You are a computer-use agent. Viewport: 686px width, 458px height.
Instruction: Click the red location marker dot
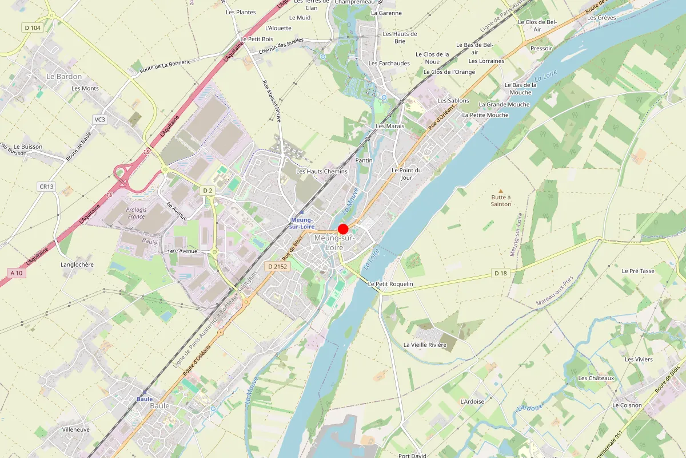[x=344, y=228]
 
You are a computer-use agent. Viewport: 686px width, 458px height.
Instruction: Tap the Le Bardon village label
[x=64, y=76]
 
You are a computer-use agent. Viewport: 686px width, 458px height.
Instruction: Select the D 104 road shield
[x=33, y=27]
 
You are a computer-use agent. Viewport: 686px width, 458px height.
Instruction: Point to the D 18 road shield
[x=500, y=274]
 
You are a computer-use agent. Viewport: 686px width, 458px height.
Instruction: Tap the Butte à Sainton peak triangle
[x=501, y=191]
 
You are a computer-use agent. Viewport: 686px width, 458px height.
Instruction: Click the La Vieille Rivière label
[x=425, y=345]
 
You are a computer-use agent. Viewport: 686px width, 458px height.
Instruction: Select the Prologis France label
[x=137, y=213]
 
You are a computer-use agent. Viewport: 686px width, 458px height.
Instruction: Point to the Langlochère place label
[x=77, y=264]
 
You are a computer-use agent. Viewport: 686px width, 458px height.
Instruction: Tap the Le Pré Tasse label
[x=638, y=271]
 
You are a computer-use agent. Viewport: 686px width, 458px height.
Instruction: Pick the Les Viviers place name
[x=639, y=359]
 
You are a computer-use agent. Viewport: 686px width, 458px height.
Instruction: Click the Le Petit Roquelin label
[x=390, y=284]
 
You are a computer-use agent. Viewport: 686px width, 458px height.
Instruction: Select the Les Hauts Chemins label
[x=322, y=171]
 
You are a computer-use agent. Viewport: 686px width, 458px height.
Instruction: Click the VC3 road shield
[x=99, y=120]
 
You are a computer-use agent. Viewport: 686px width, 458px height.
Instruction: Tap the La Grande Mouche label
[x=504, y=104]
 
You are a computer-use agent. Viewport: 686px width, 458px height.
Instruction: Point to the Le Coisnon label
[x=627, y=405]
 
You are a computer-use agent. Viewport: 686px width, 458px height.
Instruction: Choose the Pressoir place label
[x=541, y=49]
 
